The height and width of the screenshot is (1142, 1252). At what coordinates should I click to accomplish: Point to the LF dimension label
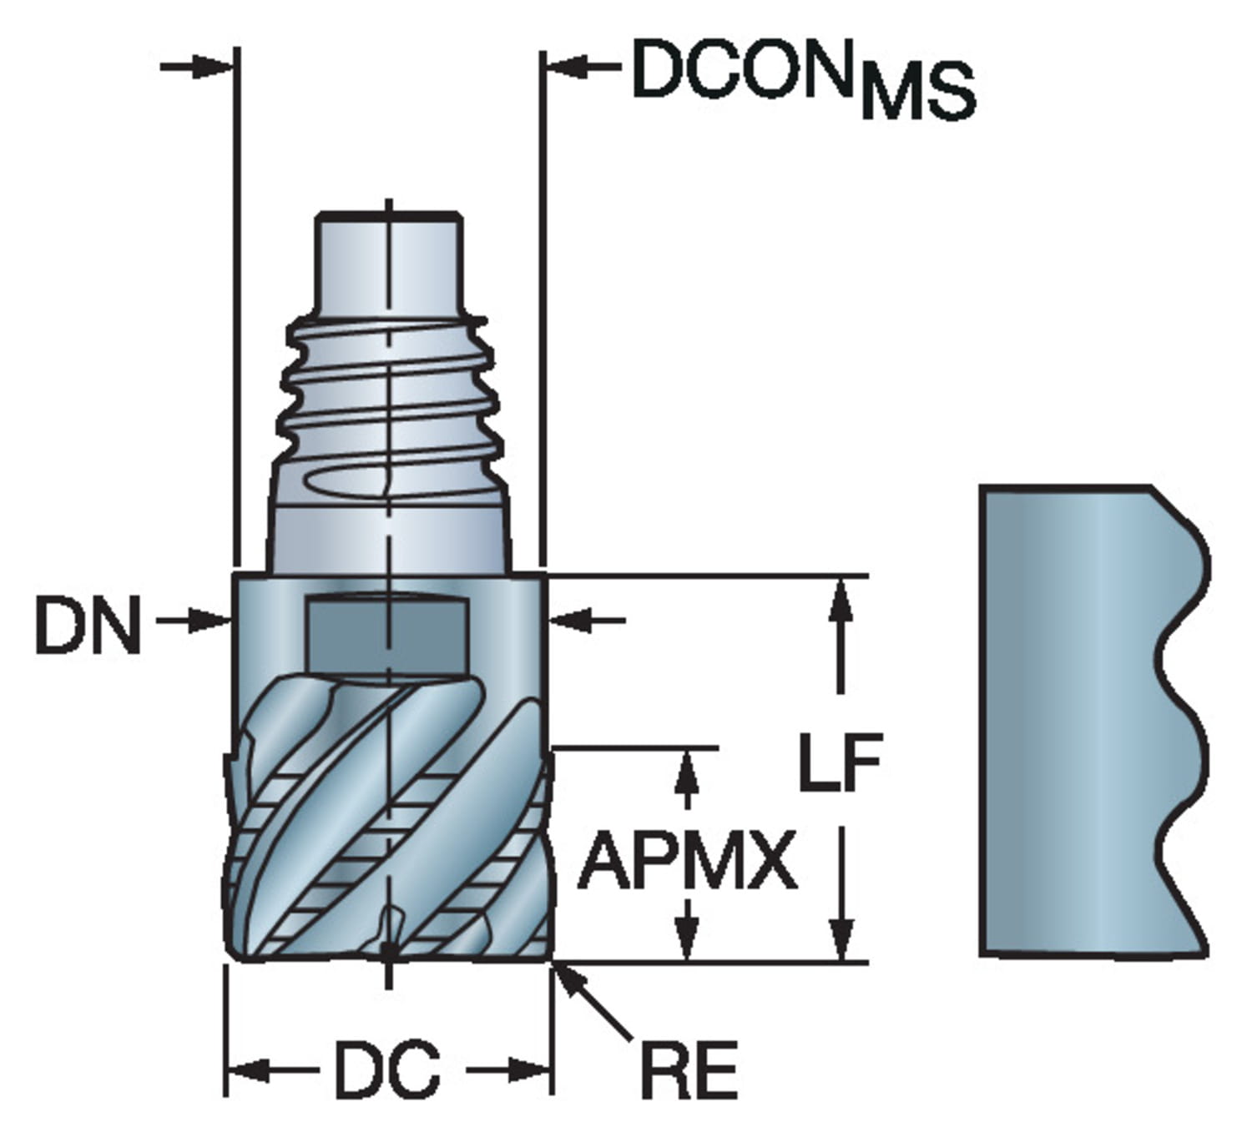coord(840,762)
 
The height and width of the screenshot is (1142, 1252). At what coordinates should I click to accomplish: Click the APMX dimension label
coord(686,862)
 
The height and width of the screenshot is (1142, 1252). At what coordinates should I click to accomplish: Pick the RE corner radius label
coord(689,1070)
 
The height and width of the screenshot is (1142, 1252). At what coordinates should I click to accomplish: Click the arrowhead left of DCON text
coord(568,67)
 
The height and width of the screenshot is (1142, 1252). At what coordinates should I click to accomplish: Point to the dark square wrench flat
coord(388,633)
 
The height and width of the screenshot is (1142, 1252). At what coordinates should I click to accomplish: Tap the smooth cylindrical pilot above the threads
coord(388,263)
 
